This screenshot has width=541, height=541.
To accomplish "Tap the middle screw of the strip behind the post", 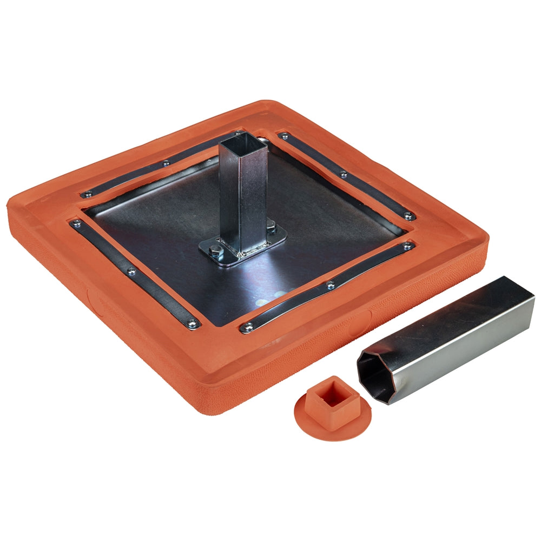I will (166, 161).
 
